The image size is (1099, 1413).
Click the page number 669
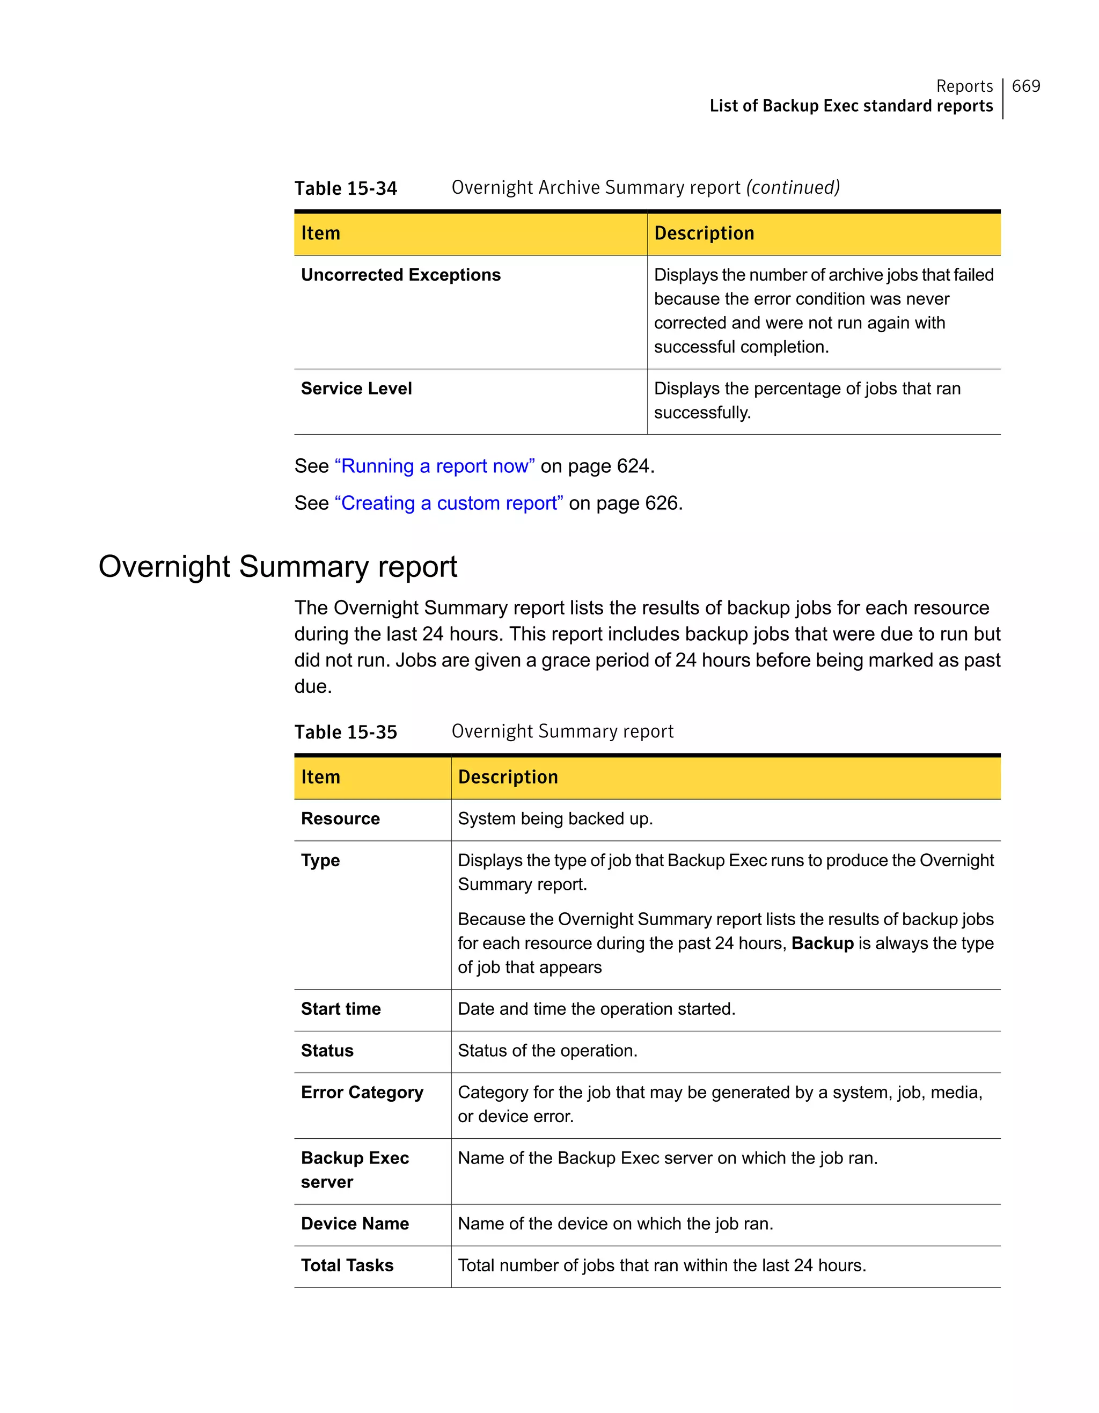point(1025,86)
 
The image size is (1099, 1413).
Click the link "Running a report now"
point(434,466)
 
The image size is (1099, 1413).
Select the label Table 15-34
point(346,188)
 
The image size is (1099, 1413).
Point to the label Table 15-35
point(346,733)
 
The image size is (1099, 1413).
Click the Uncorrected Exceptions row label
point(400,275)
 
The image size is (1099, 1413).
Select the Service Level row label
point(356,389)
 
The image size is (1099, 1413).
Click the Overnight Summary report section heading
point(277,567)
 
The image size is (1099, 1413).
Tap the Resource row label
point(340,819)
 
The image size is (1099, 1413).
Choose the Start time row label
point(340,1009)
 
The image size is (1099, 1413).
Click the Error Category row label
point(362,1093)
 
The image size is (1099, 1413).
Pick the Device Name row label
point(355,1224)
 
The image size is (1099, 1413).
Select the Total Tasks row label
point(347,1265)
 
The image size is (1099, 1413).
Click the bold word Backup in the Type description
point(822,944)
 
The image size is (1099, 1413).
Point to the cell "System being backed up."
point(555,819)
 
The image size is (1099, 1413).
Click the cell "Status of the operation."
point(547,1051)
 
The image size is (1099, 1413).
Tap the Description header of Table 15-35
point(508,777)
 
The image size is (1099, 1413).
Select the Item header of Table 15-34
point(320,233)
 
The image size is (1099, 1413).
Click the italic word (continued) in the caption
point(793,188)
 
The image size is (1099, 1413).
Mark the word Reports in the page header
point(964,86)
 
